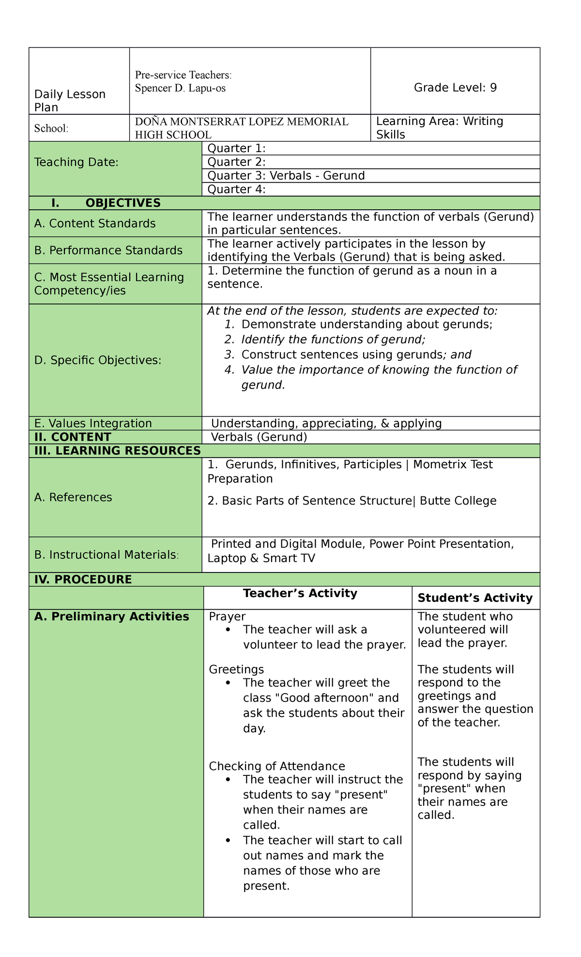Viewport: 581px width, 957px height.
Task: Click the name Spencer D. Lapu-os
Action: click(180, 88)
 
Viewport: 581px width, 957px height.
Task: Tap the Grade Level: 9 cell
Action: click(455, 88)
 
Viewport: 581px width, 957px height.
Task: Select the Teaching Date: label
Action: click(76, 162)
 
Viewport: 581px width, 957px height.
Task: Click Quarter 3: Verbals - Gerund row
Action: click(286, 175)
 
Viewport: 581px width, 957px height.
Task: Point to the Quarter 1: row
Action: click(236, 148)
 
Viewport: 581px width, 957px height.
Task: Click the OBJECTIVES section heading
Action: click(122, 203)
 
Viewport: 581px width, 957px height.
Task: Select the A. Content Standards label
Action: click(95, 223)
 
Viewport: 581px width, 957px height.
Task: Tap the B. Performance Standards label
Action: click(108, 250)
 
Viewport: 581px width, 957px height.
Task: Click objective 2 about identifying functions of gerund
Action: click(333, 340)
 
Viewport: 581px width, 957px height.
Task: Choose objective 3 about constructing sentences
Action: click(355, 355)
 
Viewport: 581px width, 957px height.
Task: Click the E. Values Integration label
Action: click(93, 423)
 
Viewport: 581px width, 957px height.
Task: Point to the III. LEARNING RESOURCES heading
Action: click(117, 451)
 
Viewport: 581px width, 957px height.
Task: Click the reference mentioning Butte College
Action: click(352, 501)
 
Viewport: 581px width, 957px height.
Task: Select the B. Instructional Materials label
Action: click(107, 555)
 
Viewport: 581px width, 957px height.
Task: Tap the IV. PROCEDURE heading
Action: click(83, 579)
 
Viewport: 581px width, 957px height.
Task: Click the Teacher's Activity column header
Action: click(300, 593)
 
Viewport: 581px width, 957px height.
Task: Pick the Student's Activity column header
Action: click(474, 598)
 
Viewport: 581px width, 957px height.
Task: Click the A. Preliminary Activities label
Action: click(111, 617)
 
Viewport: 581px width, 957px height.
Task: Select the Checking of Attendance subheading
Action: click(276, 766)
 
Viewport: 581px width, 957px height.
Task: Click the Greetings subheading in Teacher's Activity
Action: click(236, 669)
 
